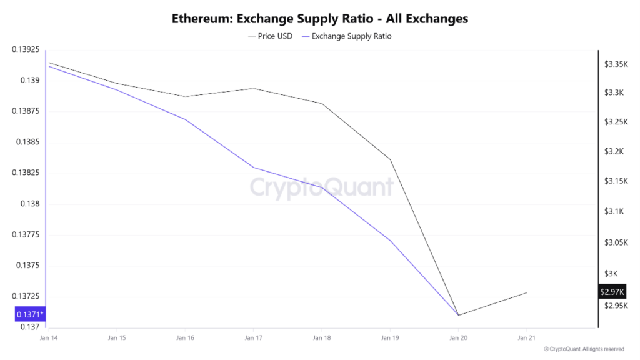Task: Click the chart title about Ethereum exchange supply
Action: coord(320,19)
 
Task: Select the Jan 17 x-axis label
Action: coord(253,338)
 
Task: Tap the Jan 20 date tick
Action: coord(459,338)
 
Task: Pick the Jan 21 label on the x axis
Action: coord(527,338)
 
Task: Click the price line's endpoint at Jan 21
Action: coord(527,292)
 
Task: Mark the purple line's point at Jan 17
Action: coord(253,167)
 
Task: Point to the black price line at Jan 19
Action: coord(391,159)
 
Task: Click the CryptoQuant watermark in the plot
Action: coord(322,187)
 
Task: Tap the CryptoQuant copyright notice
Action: coord(584,349)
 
